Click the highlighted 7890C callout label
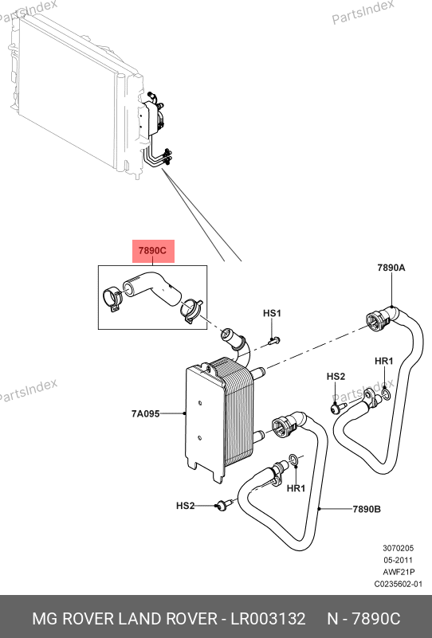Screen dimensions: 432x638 [154, 251]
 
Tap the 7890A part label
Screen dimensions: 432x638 [391, 268]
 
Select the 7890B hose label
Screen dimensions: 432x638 [367, 509]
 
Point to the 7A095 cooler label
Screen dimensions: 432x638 [145, 414]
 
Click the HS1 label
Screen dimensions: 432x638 [272, 313]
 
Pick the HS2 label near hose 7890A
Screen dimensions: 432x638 [336, 377]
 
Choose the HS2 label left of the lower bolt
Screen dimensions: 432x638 [185, 506]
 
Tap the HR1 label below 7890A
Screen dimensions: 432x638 [384, 362]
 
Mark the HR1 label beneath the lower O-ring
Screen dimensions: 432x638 [296, 488]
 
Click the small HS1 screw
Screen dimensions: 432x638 [274, 341]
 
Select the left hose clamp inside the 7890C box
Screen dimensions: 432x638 [112, 299]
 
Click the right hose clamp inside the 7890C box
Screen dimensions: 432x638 [191, 311]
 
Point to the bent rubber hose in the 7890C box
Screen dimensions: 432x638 [152, 287]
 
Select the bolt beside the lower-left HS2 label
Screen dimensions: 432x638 [224, 504]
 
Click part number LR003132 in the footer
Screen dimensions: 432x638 [268, 619]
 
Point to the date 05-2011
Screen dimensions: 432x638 [398, 560]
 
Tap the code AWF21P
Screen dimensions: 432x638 [399, 572]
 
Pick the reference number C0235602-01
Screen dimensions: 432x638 [399, 585]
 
